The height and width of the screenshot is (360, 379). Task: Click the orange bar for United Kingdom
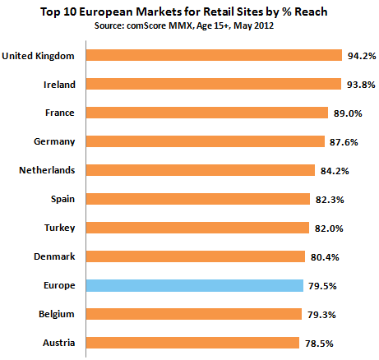click(x=214, y=55)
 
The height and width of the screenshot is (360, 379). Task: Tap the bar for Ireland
click(x=213, y=84)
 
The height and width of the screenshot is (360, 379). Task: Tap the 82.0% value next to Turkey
click(x=328, y=228)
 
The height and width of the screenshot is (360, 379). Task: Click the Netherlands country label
click(x=47, y=170)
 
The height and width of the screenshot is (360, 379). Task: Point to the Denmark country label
click(x=54, y=256)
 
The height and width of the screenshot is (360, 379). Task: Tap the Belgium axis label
click(x=57, y=314)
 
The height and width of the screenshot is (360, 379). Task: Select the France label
click(x=61, y=113)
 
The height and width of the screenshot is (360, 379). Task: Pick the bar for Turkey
click(x=197, y=228)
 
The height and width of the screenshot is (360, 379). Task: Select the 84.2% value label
click(x=334, y=171)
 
